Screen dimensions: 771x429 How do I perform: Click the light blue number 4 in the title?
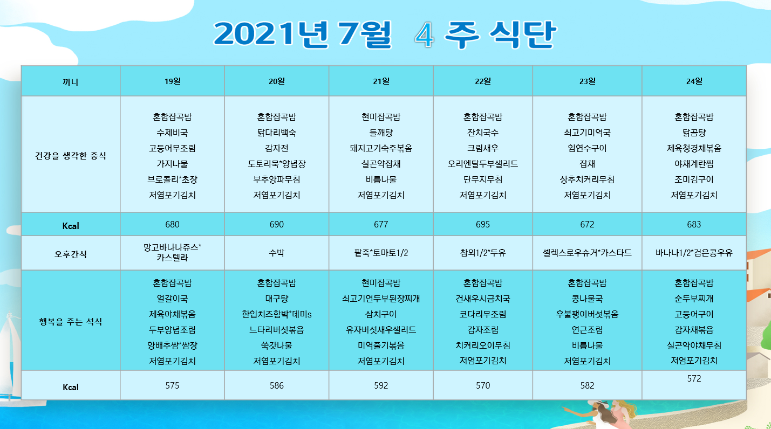[424, 35]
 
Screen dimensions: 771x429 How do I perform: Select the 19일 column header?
[173, 81]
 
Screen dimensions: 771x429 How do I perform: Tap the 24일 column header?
[694, 81]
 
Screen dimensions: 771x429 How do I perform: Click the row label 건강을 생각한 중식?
[71, 156]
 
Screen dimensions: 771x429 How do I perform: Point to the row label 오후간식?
[71, 254]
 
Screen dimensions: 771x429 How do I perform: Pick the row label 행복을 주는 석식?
[71, 322]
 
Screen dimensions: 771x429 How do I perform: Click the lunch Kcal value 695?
[482, 224]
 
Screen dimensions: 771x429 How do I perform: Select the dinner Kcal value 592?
[381, 385]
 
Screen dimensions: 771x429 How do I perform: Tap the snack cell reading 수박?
[277, 253]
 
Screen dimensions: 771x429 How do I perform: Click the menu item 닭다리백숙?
[277, 133]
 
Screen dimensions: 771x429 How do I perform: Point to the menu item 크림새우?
[482, 148]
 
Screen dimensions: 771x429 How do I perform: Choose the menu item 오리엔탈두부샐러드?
[482, 164]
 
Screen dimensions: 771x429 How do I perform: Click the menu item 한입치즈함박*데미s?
[277, 314]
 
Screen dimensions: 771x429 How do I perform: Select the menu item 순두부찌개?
[694, 299]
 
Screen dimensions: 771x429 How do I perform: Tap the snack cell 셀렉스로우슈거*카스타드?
[587, 253]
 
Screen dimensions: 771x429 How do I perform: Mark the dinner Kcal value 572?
[694, 378]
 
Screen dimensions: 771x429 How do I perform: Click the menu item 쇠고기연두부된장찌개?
[381, 299]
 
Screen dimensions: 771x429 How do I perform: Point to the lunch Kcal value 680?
[173, 224]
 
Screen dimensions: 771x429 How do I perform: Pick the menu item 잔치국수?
[482, 133]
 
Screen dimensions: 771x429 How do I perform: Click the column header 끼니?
[71, 82]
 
